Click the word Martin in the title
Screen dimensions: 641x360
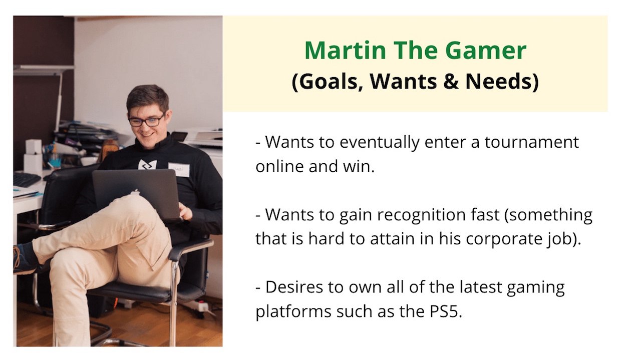pyautogui.click(x=346, y=51)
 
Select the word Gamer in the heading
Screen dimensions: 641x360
pyautogui.click(x=486, y=51)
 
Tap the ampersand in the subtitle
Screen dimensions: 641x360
pyautogui.click(x=451, y=82)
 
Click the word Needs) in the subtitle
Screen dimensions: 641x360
pyautogui.click(x=502, y=82)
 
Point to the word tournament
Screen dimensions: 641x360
pyautogui.click(x=532, y=142)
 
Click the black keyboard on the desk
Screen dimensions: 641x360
pyautogui.click(x=27, y=179)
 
